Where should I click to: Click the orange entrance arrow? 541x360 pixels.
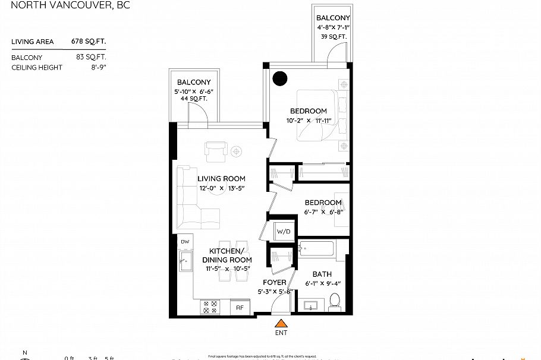pyautogui.click(x=280, y=323)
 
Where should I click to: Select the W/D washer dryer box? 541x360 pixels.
pyautogui.click(x=282, y=231)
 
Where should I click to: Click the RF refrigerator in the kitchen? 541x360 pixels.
pyautogui.click(x=240, y=307)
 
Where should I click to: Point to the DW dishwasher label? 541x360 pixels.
pyautogui.click(x=185, y=242)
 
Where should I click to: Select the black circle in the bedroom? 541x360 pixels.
pyautogui.click(x=279, y=78)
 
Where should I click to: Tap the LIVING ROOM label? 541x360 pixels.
pyautogui.click(x=221, y=178)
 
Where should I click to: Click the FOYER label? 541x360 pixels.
pyautogui.click(x=274, y=282)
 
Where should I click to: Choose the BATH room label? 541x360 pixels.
pyautogui.click(x=322, y=274)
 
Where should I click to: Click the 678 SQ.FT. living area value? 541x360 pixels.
pyautogui.click(x=96, y=42)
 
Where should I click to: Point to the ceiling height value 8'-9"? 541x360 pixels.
pyautogui.click(x=105, y=68)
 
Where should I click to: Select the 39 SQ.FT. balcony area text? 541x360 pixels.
pyautogui.click(x=332, y=37)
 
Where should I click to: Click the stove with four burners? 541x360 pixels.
pyautogui.click(x=210, y=307)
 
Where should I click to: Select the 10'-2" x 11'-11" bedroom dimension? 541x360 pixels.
pyautogui.click(x=308, y=121)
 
